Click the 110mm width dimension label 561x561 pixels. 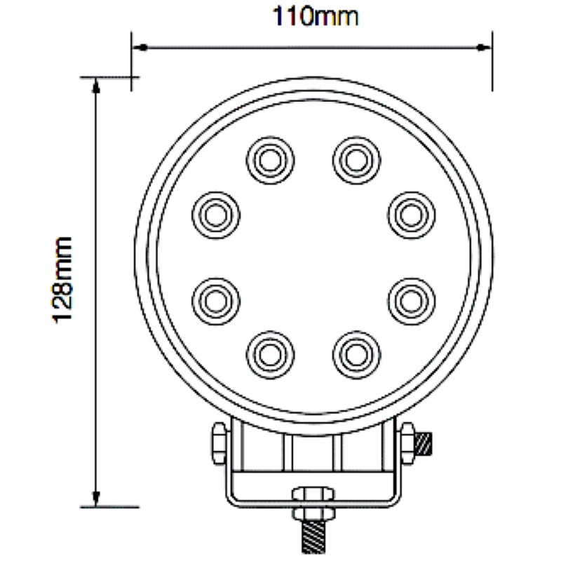point(316,15)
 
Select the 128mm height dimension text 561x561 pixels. point(64,279)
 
